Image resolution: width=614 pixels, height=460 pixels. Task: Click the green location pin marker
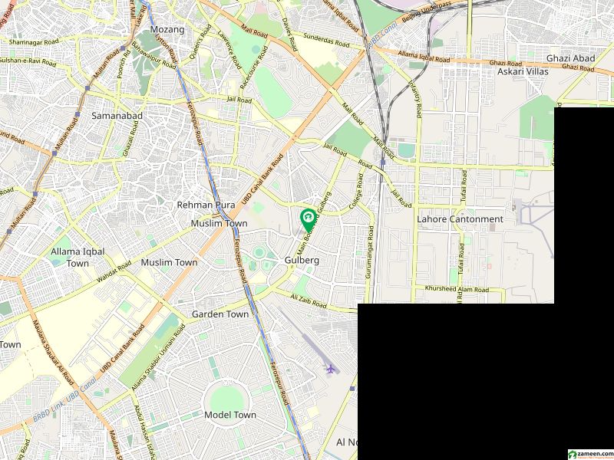(308, 219)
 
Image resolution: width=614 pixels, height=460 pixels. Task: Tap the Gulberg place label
(302, 260)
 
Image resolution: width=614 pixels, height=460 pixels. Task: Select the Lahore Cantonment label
(460, 219)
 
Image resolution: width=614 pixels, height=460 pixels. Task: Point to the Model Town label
(230, 415)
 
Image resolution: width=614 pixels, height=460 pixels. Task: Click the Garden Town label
(220, 314)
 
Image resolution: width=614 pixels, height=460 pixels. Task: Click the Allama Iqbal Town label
(70, 258)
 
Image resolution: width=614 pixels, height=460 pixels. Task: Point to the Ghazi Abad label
(566, 58)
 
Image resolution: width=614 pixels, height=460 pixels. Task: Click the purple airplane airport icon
(331, 369)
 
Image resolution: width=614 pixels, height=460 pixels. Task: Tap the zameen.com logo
(589, 454)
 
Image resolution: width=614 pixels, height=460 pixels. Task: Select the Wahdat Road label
(115, 274)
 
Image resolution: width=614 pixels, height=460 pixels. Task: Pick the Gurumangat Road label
(370, 253)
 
